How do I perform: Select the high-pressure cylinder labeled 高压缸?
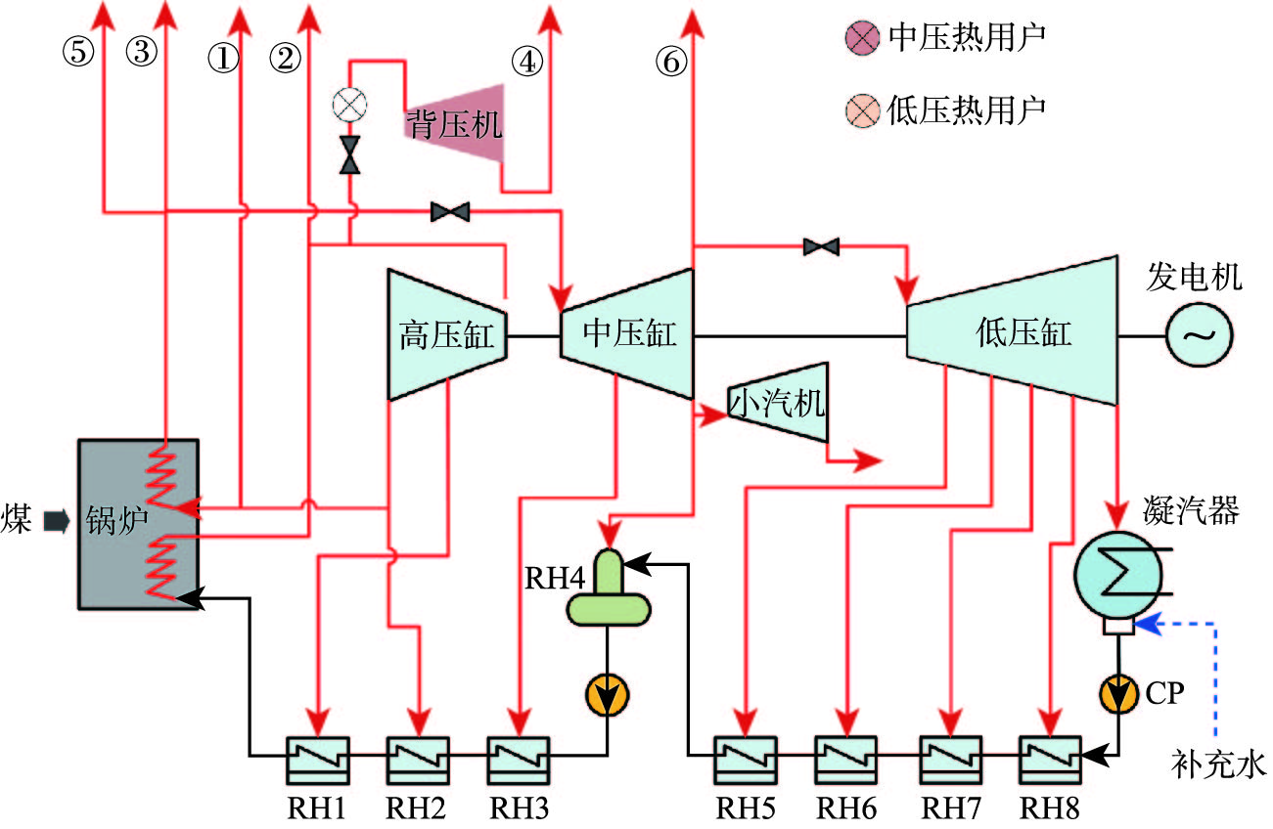[447, 335]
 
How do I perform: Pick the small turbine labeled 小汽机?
[777, 403]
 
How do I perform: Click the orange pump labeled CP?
[1118, 693]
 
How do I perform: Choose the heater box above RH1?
[317, 758]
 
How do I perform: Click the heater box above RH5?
[746, 758]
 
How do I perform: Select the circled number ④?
[525, 62]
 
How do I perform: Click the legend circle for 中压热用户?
[861, 39]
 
